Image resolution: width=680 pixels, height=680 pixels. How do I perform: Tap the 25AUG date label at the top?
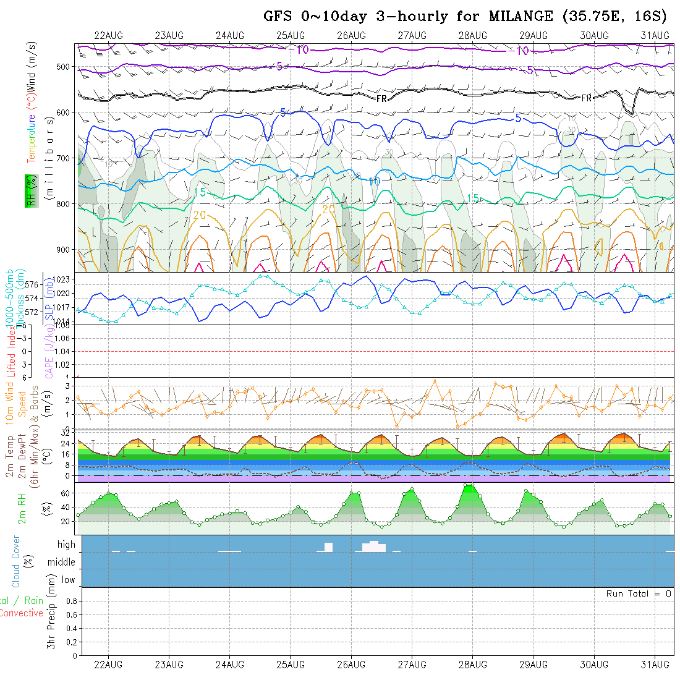coord(291,35)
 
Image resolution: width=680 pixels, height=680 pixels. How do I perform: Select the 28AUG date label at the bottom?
coord(472,665)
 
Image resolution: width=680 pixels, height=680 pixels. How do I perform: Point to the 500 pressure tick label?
coord(66,66)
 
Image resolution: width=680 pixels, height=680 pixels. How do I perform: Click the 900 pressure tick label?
coord(66,250)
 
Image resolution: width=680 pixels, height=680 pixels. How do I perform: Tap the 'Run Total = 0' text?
coord(639,593)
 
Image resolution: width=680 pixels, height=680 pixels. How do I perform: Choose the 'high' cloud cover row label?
coord(66,545)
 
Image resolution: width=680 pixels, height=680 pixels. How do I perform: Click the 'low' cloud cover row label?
coord(68,580)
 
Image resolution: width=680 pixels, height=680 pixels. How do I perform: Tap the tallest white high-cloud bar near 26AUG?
coord(374,546)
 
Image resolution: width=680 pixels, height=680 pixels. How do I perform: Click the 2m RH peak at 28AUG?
coord(469,486)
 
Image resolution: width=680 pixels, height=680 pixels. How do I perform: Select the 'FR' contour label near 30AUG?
coord(586,98)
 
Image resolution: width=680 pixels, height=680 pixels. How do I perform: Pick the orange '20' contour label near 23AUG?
coord(199,215)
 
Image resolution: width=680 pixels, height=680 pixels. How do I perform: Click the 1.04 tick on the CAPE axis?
coord(62,351)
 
